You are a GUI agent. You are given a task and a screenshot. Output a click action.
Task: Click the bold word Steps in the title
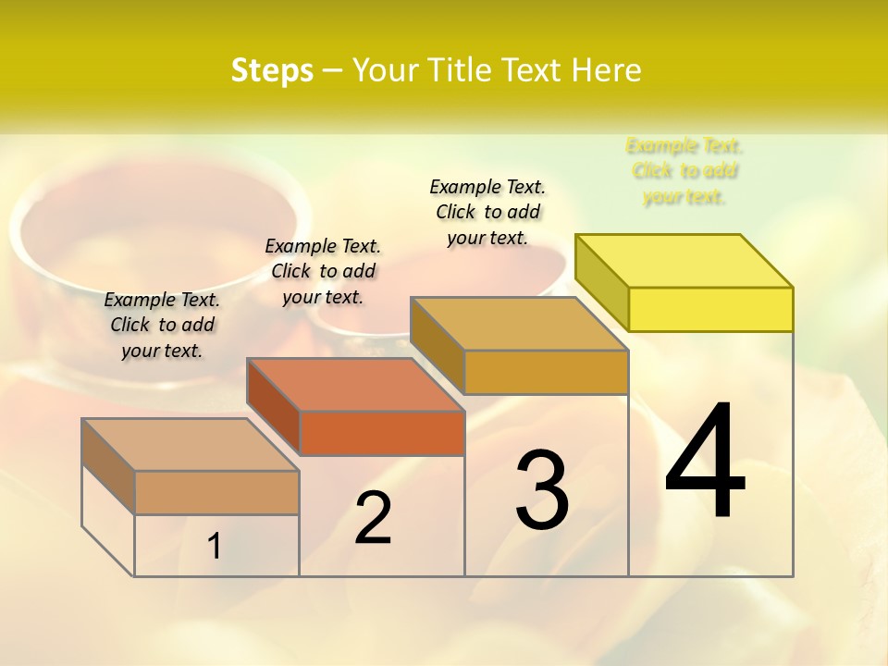tap(272, 70)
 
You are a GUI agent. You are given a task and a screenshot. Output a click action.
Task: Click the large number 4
tap(706, 462)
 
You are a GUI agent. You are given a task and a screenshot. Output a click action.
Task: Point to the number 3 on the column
tap(542, 489)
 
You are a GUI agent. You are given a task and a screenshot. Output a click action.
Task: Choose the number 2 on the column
tap(374, 518)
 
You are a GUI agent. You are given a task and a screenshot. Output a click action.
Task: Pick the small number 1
tap(215, 547)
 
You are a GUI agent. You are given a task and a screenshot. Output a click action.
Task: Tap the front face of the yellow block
tap(710, 309)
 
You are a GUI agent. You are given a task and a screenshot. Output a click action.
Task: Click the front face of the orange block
tap(382, 433)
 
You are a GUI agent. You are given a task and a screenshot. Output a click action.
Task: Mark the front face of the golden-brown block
tap(546, 372)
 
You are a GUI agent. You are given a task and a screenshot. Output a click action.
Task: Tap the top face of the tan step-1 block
tap(191, 445)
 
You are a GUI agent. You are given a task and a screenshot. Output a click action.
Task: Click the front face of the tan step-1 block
tap(216, 492)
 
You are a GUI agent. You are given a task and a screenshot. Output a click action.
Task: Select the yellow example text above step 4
tap(684, 171)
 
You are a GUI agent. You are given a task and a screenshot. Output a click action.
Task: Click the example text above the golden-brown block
tap(487, 212)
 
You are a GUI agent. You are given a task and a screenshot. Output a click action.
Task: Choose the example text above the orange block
tap(323, 271)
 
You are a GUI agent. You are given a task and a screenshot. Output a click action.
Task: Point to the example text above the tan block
tap(162, 325)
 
